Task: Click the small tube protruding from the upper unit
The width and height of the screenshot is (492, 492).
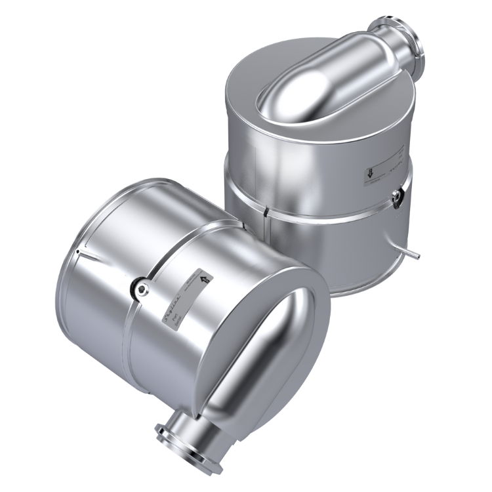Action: click(x=412, y=251)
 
